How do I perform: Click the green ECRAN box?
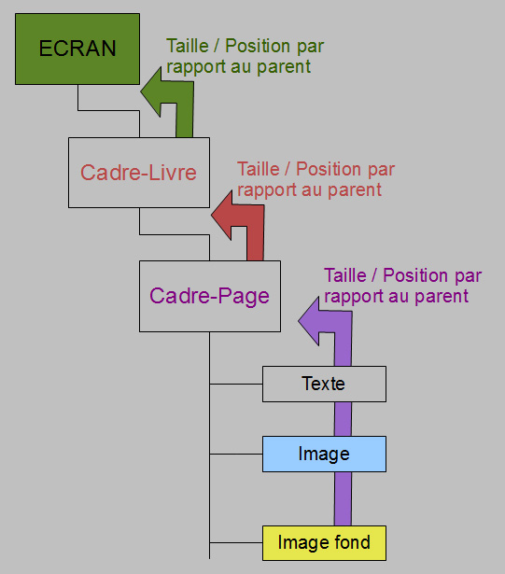(x=77, y=49)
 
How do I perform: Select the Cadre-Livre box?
(x=139, y=173)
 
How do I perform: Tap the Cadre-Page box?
(x=210, y=296)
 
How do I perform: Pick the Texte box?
(x=324, y=384)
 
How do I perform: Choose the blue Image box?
(x=324, y=454)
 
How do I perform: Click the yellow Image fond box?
(x=324, y=543)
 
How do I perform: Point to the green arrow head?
(x=151, y=91)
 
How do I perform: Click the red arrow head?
(x=222, y=216)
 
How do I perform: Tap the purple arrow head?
(x=309, y=321)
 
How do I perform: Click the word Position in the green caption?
(x=259, y=46)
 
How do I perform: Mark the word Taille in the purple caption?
(x=345, y=275)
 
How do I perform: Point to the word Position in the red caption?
(x=330, y=169)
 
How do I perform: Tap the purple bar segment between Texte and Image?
(x=343, y=419)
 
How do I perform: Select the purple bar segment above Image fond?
(x=343, y=499)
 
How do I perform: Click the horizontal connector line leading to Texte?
(x=236, y=384)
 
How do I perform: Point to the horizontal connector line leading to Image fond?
(x=236, y=542)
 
